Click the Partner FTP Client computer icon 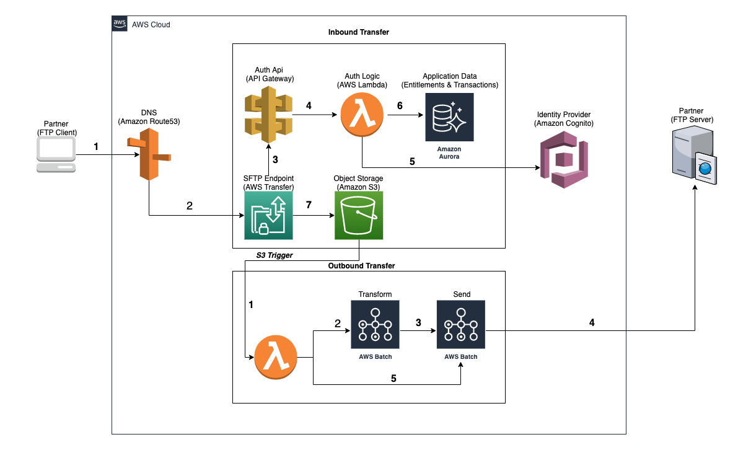point(56,155)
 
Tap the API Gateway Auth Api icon point(268,115)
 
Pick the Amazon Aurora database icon point(449,117)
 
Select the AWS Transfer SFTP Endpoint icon point(268,215)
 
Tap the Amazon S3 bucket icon point(359,215)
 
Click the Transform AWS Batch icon point(375,325)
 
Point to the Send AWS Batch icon point(460,325)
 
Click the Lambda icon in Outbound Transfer point(276,358)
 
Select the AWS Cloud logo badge point(120,24)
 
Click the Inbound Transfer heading point(358,32)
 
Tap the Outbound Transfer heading point(361,265)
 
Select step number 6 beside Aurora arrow point(400,106)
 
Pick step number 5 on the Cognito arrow point(411,162)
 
